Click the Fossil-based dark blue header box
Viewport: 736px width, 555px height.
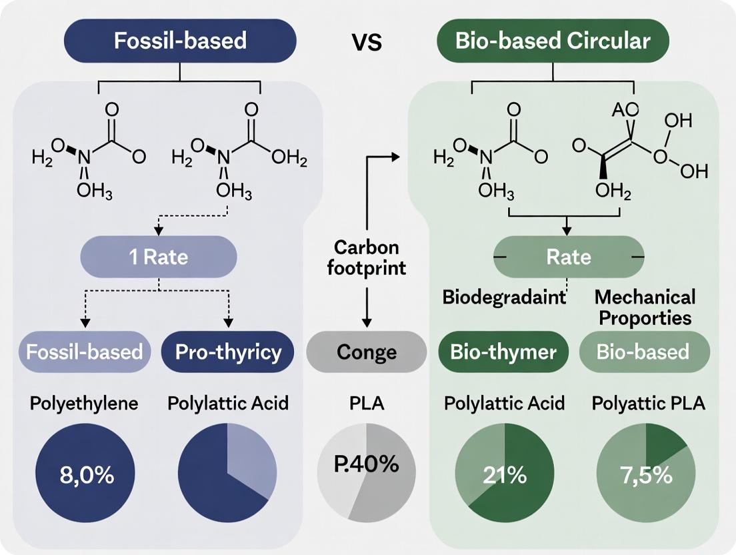pyautogui.click(x=180, y=41)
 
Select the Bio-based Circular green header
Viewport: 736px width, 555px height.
pyautogui.click(x=552, y=41)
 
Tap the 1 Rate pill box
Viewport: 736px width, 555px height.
pyautogui.click(x=158, y=257)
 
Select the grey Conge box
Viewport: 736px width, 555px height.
pyautogui.click(x=366, y=352)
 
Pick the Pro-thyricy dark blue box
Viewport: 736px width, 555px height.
pyautogui.click(x=228, y=352)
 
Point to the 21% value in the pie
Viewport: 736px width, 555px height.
pyautogui.click(x=503, y=476)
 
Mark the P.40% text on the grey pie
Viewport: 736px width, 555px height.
pyautogui.click(x=365, y=464)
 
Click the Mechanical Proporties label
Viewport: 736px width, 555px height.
pyautogui.click(x=644, y=307)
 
